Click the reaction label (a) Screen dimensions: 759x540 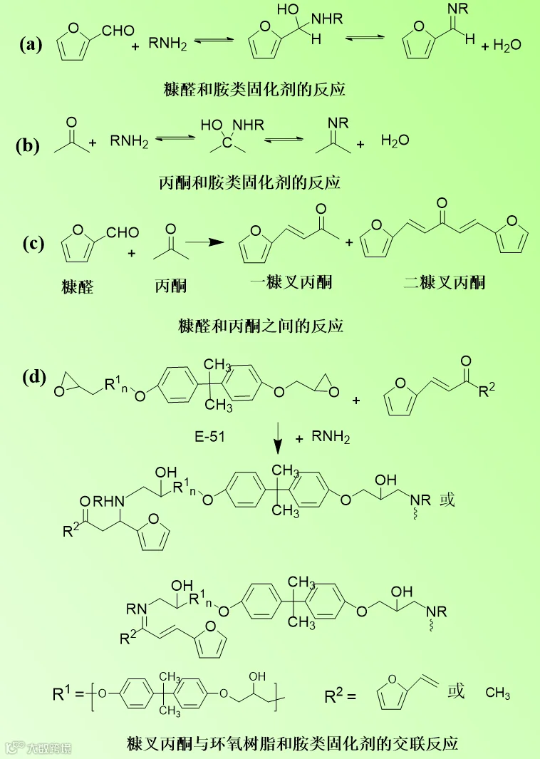(x=31, y=45)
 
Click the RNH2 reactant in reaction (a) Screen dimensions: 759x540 (x=167, y=46)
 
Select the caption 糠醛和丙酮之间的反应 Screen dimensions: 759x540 (x=261, y=326)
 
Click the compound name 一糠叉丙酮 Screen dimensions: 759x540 (x=291, y=283)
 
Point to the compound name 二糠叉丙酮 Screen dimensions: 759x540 (x=445, y=283)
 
